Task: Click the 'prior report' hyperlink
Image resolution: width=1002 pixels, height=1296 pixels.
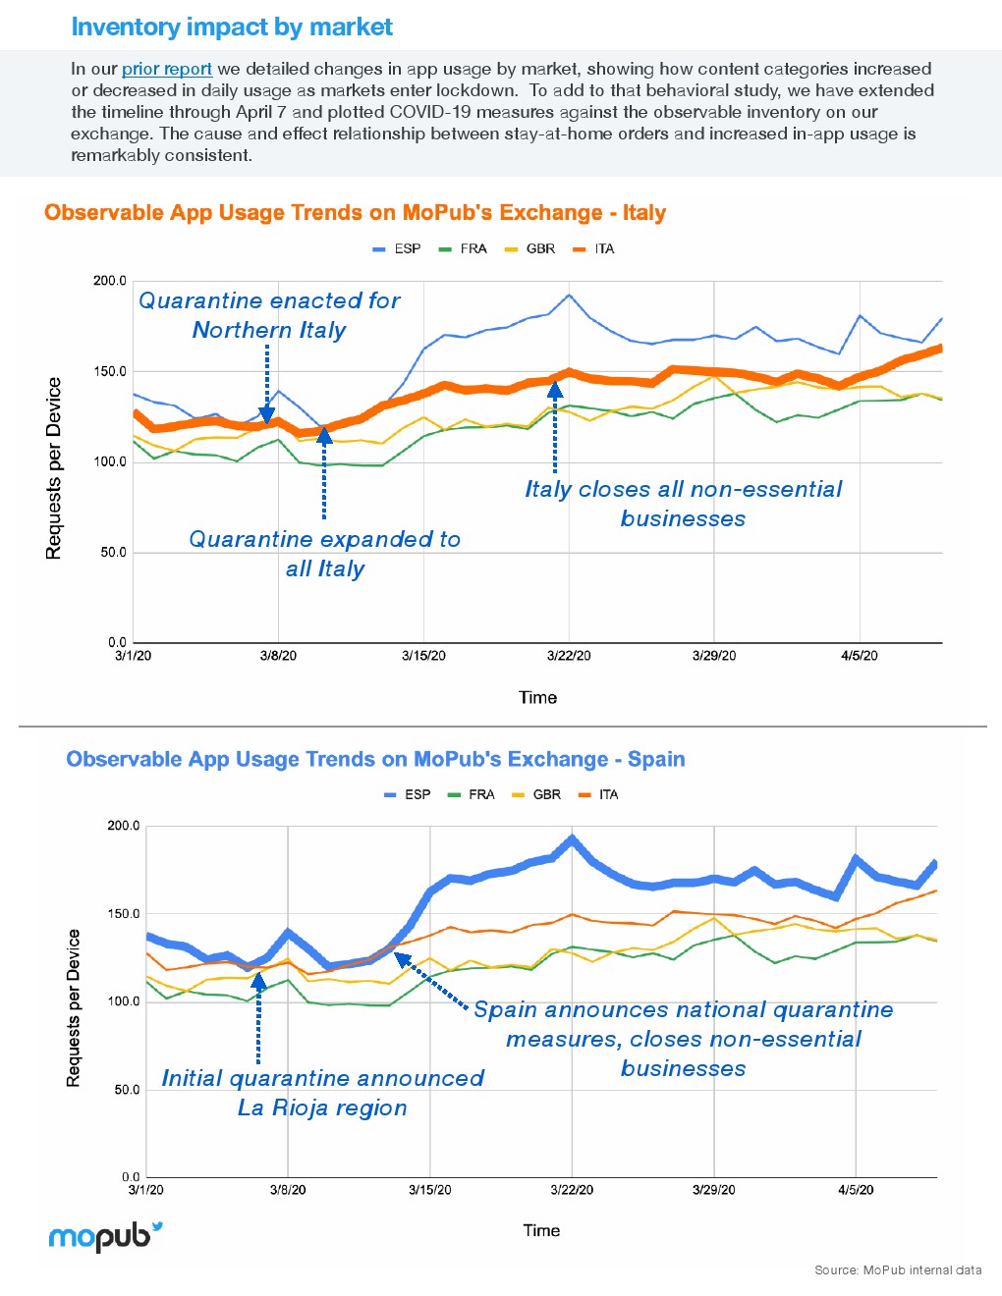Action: pos(166,69)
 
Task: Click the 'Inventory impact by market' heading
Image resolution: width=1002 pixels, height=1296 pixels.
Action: pos(232,27)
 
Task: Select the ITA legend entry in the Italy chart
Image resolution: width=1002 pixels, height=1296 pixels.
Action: pos(594,249)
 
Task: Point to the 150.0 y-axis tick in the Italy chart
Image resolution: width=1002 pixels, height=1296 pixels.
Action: pos(110,371)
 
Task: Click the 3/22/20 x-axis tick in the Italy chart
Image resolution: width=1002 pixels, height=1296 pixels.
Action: pos(569,656)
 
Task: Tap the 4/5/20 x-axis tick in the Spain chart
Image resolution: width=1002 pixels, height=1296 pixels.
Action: pos(856,1190)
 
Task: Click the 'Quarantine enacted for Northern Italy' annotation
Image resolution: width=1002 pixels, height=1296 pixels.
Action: pos(269,315)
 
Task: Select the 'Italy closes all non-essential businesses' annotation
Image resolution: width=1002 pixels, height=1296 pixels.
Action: pos(683,504)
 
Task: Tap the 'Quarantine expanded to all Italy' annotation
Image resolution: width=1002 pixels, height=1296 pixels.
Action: pos(325,554)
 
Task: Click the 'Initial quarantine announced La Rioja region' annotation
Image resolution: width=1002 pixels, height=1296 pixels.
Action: pos(322,1093)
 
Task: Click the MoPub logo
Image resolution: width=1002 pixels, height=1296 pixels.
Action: pos(105,1236)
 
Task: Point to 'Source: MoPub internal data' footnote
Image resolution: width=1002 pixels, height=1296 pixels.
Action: pos(898,1270)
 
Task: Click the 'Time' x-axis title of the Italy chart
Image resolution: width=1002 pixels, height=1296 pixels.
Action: pos(537,698)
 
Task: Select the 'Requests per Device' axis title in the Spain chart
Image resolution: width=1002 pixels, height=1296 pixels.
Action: pos(73,1007)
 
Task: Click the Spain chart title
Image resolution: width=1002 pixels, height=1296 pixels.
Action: pos(375,759)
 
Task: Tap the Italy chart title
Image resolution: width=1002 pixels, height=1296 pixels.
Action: pos(355,213)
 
